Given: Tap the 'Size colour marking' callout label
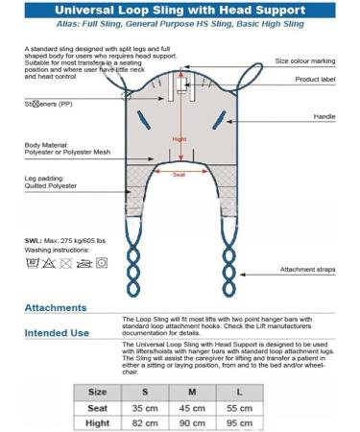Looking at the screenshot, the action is pos(306,60).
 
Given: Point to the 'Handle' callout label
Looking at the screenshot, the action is pos(324,115).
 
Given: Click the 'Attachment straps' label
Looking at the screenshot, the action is pos(307,270).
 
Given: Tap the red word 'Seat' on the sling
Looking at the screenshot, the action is pos(180,175).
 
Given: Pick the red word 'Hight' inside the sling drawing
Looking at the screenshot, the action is pos(180,138).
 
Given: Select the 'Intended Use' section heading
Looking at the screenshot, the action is pos(60,333).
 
